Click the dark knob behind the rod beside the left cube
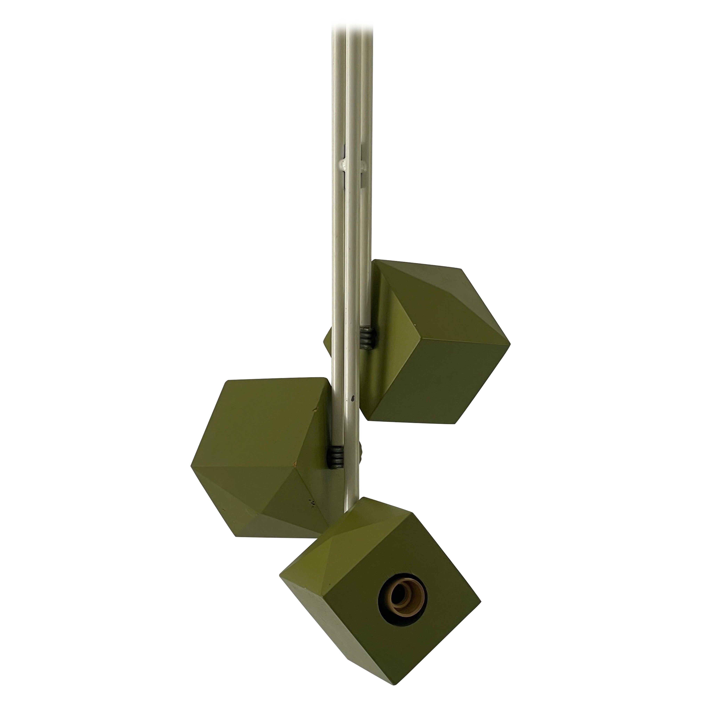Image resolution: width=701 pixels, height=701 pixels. coord(361,459)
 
